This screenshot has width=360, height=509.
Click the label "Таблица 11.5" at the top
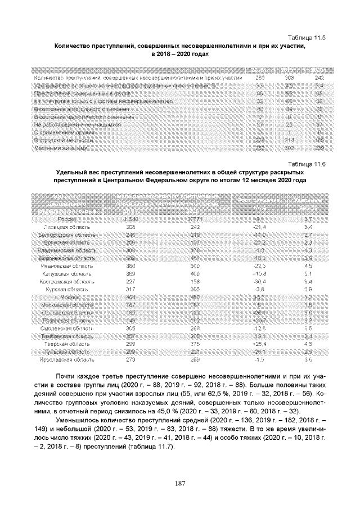(308, 37)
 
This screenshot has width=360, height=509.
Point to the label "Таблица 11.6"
(308, 164)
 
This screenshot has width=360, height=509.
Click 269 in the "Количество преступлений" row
(260, 77)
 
